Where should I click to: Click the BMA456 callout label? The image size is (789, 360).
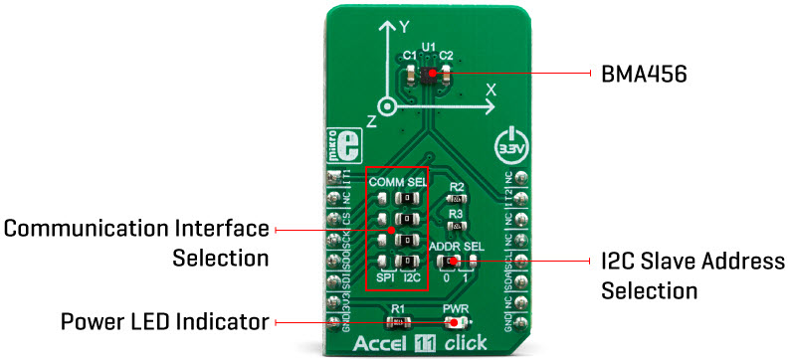pos(644,74)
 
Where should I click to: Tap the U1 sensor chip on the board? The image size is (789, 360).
pos(429,74)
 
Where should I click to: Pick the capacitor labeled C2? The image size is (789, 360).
pos(447,73)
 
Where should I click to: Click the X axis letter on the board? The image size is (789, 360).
pos(490,90)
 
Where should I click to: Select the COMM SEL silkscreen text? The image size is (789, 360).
pos(397,182)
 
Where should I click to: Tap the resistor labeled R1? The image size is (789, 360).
pos(398,322)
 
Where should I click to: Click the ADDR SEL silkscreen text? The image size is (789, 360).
pos(456,246)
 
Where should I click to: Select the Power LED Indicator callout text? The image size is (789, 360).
pos(164,322)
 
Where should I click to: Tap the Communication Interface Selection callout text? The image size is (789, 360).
pos(136,243)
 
